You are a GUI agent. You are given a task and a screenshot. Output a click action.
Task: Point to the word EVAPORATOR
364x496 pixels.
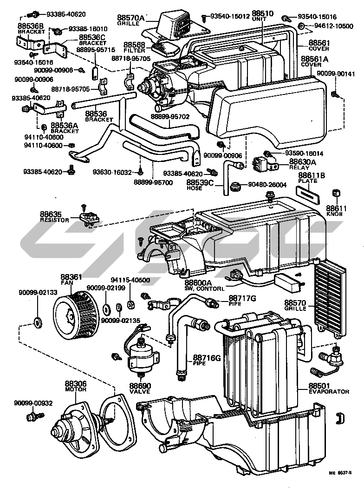pyautogui.click(x=329, y=392)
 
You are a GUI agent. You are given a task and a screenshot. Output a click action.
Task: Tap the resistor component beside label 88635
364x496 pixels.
pyautogui.click(x=90, y=216)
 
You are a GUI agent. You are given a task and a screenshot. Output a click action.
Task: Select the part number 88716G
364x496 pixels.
pyautogui.click(x=203, y=358)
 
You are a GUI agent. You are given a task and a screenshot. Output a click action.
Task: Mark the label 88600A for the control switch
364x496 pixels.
pyautogui.click(x=198, y=282)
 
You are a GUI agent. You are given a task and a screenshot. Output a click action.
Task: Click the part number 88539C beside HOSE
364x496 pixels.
pyautogui.click(x=201, y=182)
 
